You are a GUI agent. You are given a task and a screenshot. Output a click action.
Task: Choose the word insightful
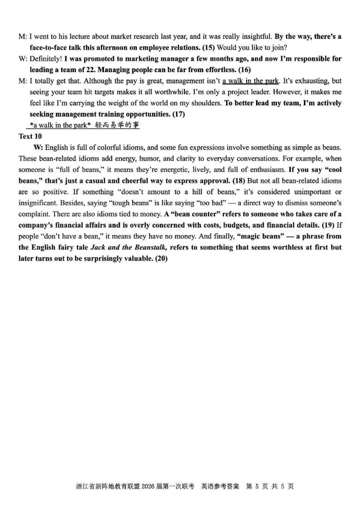pos(254,36)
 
